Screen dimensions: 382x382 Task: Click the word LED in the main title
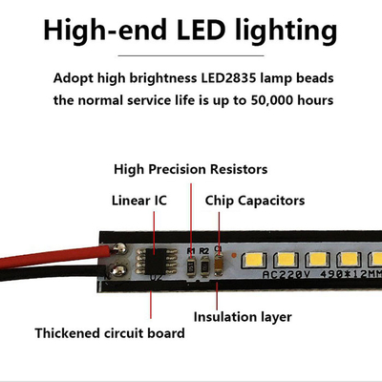202,30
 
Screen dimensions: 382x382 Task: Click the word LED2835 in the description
228,78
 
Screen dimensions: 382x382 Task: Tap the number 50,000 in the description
272,100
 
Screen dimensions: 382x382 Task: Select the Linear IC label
139,201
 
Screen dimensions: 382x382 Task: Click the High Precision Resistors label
191,169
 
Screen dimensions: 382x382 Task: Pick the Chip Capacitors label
255,201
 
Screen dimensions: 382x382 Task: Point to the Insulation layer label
243,317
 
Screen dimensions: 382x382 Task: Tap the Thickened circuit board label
110,333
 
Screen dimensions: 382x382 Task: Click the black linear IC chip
156,262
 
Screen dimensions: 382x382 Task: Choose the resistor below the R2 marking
204,265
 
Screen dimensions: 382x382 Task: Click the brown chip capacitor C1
219,264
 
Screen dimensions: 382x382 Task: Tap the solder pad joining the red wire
119,249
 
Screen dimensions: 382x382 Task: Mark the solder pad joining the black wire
117,270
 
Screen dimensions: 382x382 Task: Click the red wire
55,257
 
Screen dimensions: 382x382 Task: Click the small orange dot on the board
234,255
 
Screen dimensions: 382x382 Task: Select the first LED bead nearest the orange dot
254,260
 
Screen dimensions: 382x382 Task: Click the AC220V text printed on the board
286,274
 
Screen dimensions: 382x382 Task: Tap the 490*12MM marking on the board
350,273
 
